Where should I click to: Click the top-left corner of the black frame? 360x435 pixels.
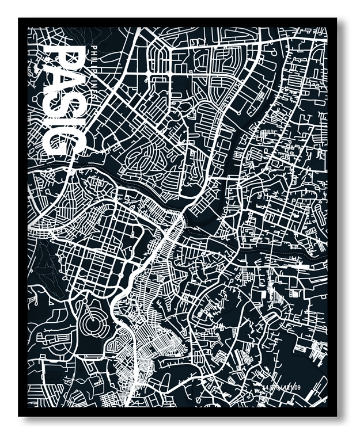point(20,19)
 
